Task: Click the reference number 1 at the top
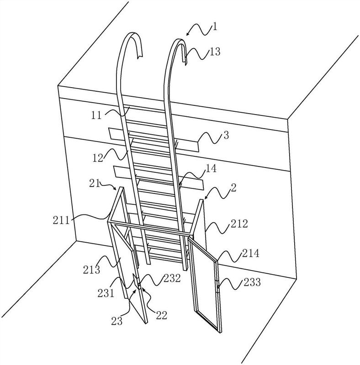point(215,26)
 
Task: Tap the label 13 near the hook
point(215,52)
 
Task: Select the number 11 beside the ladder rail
point(96,115)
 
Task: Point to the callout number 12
point(98,158)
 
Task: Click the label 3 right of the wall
point(226,135)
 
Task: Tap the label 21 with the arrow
point(94,183)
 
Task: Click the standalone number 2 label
point(233,188)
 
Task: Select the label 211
point(61,220)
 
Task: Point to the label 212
point(239,224)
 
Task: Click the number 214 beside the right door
point(251,253)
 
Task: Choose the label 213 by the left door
point(92,270)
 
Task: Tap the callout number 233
point(252,282)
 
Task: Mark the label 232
point(172,278)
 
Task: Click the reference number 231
point(106,293)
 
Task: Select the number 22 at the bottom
point(162,315)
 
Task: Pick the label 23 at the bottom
point(117,321)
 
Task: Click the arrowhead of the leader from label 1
point(187,35)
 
